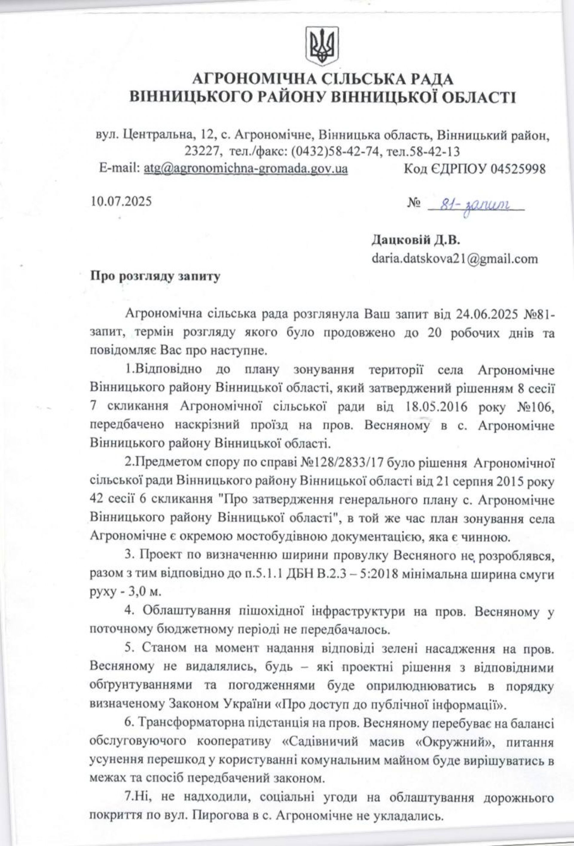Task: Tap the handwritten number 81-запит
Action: tap(474, 206)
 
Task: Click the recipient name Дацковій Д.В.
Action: tap(415, 240)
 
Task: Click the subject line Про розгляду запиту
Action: tap(155, 276)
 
